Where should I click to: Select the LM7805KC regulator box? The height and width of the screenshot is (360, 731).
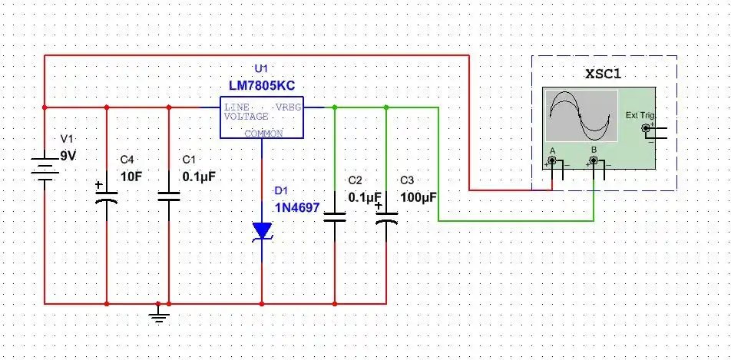[262, 118]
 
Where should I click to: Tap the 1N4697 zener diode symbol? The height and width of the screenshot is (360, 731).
[263, 231]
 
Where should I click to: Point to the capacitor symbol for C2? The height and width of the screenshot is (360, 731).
[335, 216]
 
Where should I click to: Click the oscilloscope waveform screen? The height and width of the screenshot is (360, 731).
[580, 115]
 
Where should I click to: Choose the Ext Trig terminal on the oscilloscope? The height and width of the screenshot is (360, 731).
[645, 128]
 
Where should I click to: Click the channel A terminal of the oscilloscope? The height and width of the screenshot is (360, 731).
[551, 162]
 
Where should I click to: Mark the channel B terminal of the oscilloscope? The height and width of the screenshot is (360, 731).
[594, 162]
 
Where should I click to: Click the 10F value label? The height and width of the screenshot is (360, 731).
[131, 176]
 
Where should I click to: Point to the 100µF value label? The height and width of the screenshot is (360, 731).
[418, 197]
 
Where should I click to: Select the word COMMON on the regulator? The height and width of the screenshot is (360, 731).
[263, 134]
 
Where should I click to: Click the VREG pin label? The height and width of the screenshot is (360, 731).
[289, 107]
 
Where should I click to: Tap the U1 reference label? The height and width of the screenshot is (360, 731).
[262, 69]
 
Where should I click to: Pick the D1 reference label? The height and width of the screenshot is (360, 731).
[281, 190]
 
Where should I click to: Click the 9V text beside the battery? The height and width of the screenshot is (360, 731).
[69, 156]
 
